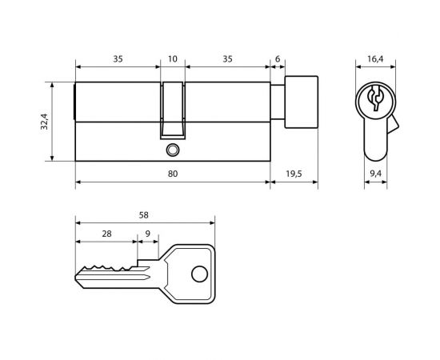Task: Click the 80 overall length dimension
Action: click(x=173, y=174)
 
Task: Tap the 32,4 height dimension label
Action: click(x=45, y=122)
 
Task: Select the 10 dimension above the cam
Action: click(x=173, y=59)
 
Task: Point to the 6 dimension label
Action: click(x=278, y=59)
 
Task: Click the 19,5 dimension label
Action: click(x=294, y=174)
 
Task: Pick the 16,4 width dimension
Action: click(x=375, y=59)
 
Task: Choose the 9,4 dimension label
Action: click(x=375, y=174)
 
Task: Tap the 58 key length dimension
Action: click(x=144, y=215)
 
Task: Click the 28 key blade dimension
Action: click(x=106, y=234)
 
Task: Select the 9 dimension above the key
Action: click(x=148, y=234)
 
